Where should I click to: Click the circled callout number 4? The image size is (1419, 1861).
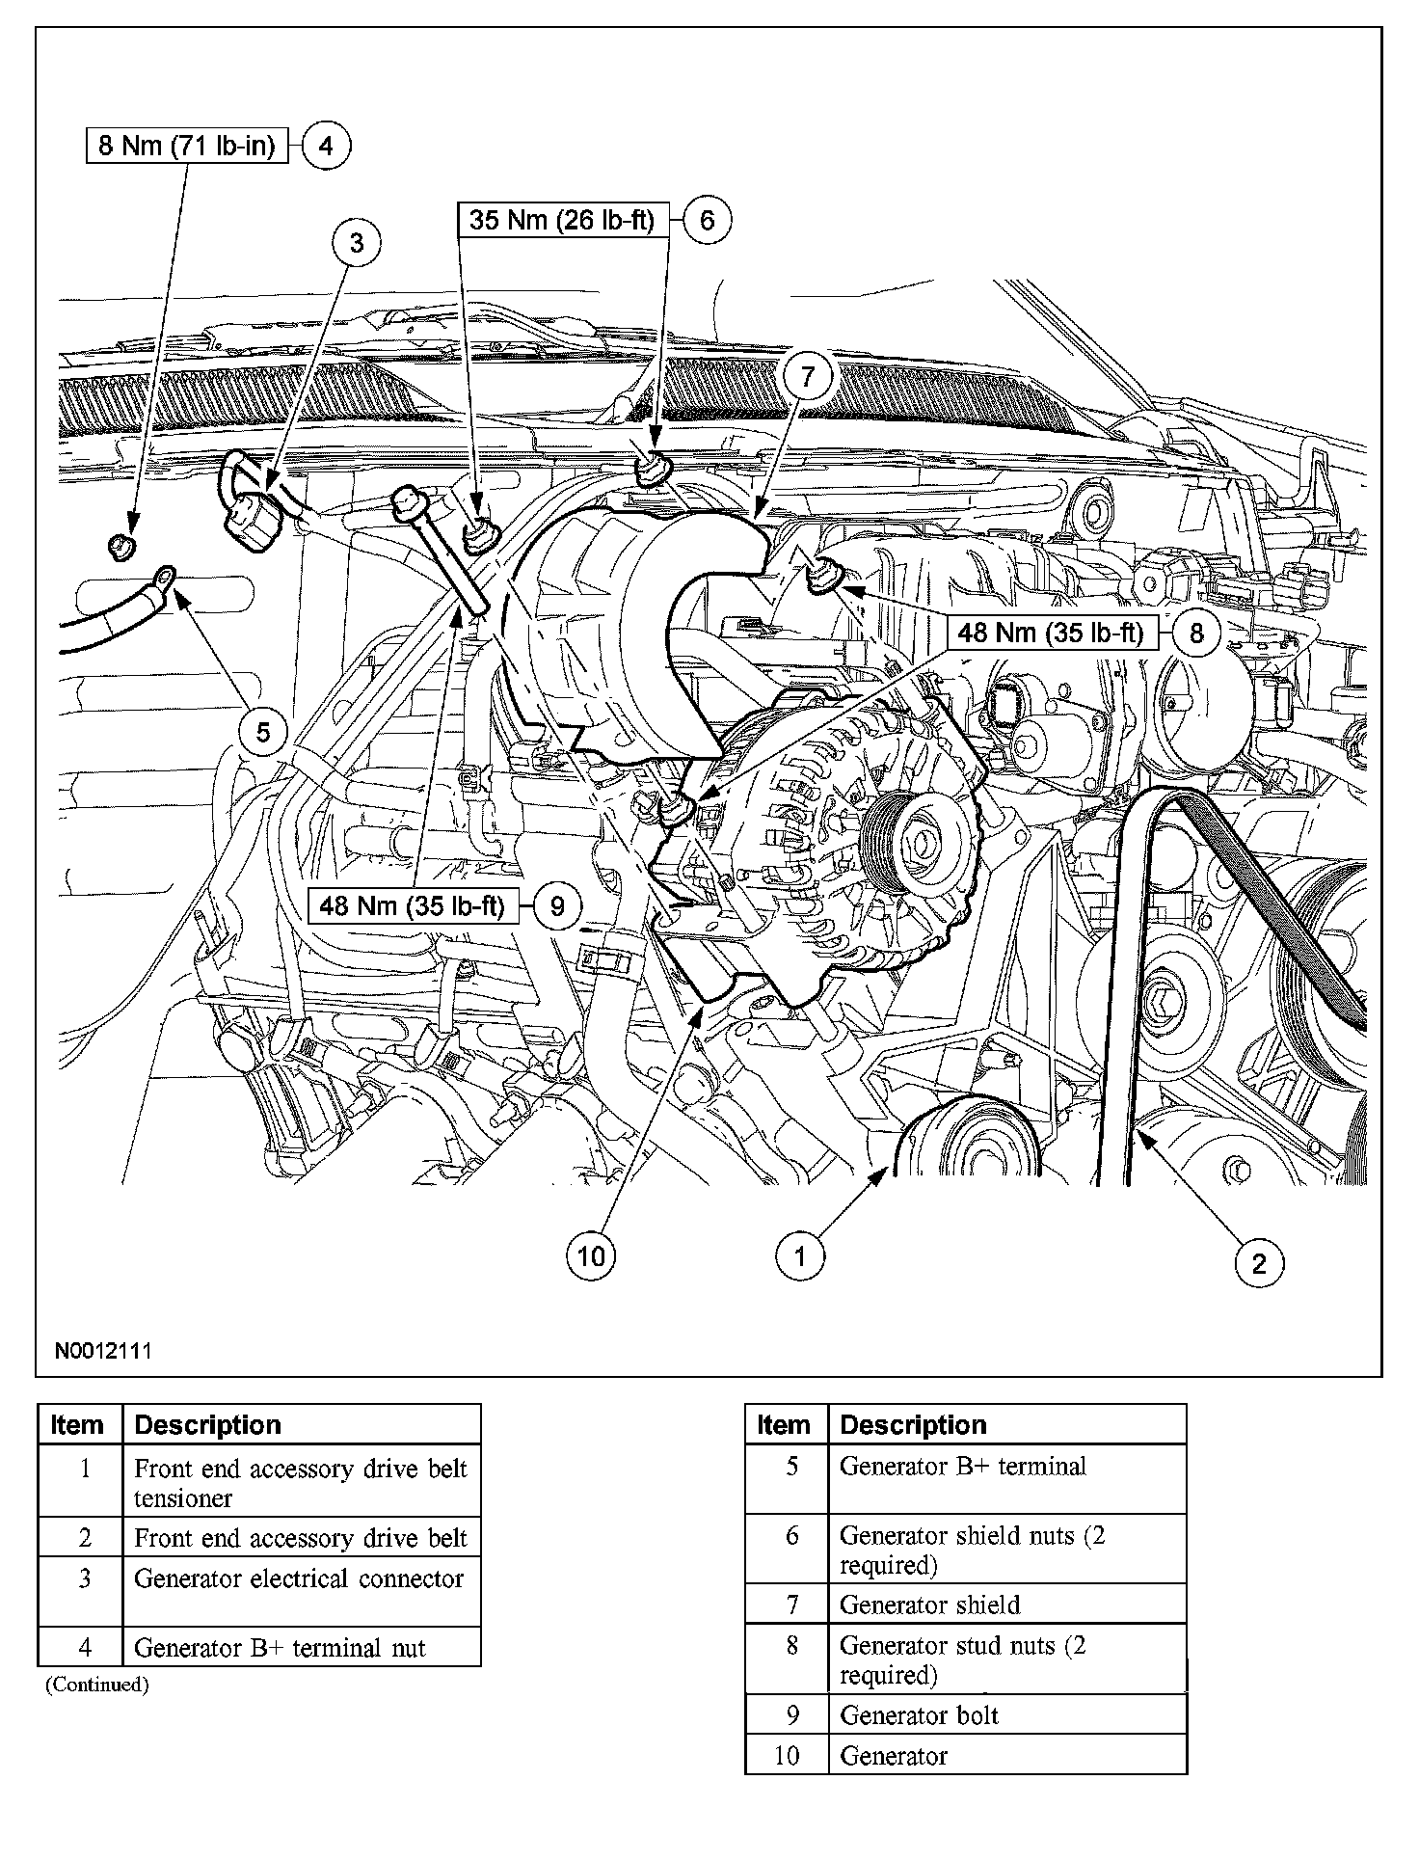(326, 147)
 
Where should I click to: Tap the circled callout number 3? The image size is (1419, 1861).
(357, 242)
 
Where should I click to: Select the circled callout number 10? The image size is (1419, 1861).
(592, 1255)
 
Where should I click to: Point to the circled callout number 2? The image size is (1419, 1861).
(1259, 1262)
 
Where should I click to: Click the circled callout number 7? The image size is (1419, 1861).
(808, 377)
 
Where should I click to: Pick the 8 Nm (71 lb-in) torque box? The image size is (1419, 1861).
(187, 147)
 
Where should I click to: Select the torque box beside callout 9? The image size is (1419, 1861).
(413, 906)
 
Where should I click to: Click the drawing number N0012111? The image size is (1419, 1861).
(102, 1350)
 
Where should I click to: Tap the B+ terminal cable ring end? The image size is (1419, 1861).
(164, 579)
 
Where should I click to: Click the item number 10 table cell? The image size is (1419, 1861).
(787, 1756)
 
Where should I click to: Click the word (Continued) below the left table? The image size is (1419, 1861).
(96, 1685)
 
